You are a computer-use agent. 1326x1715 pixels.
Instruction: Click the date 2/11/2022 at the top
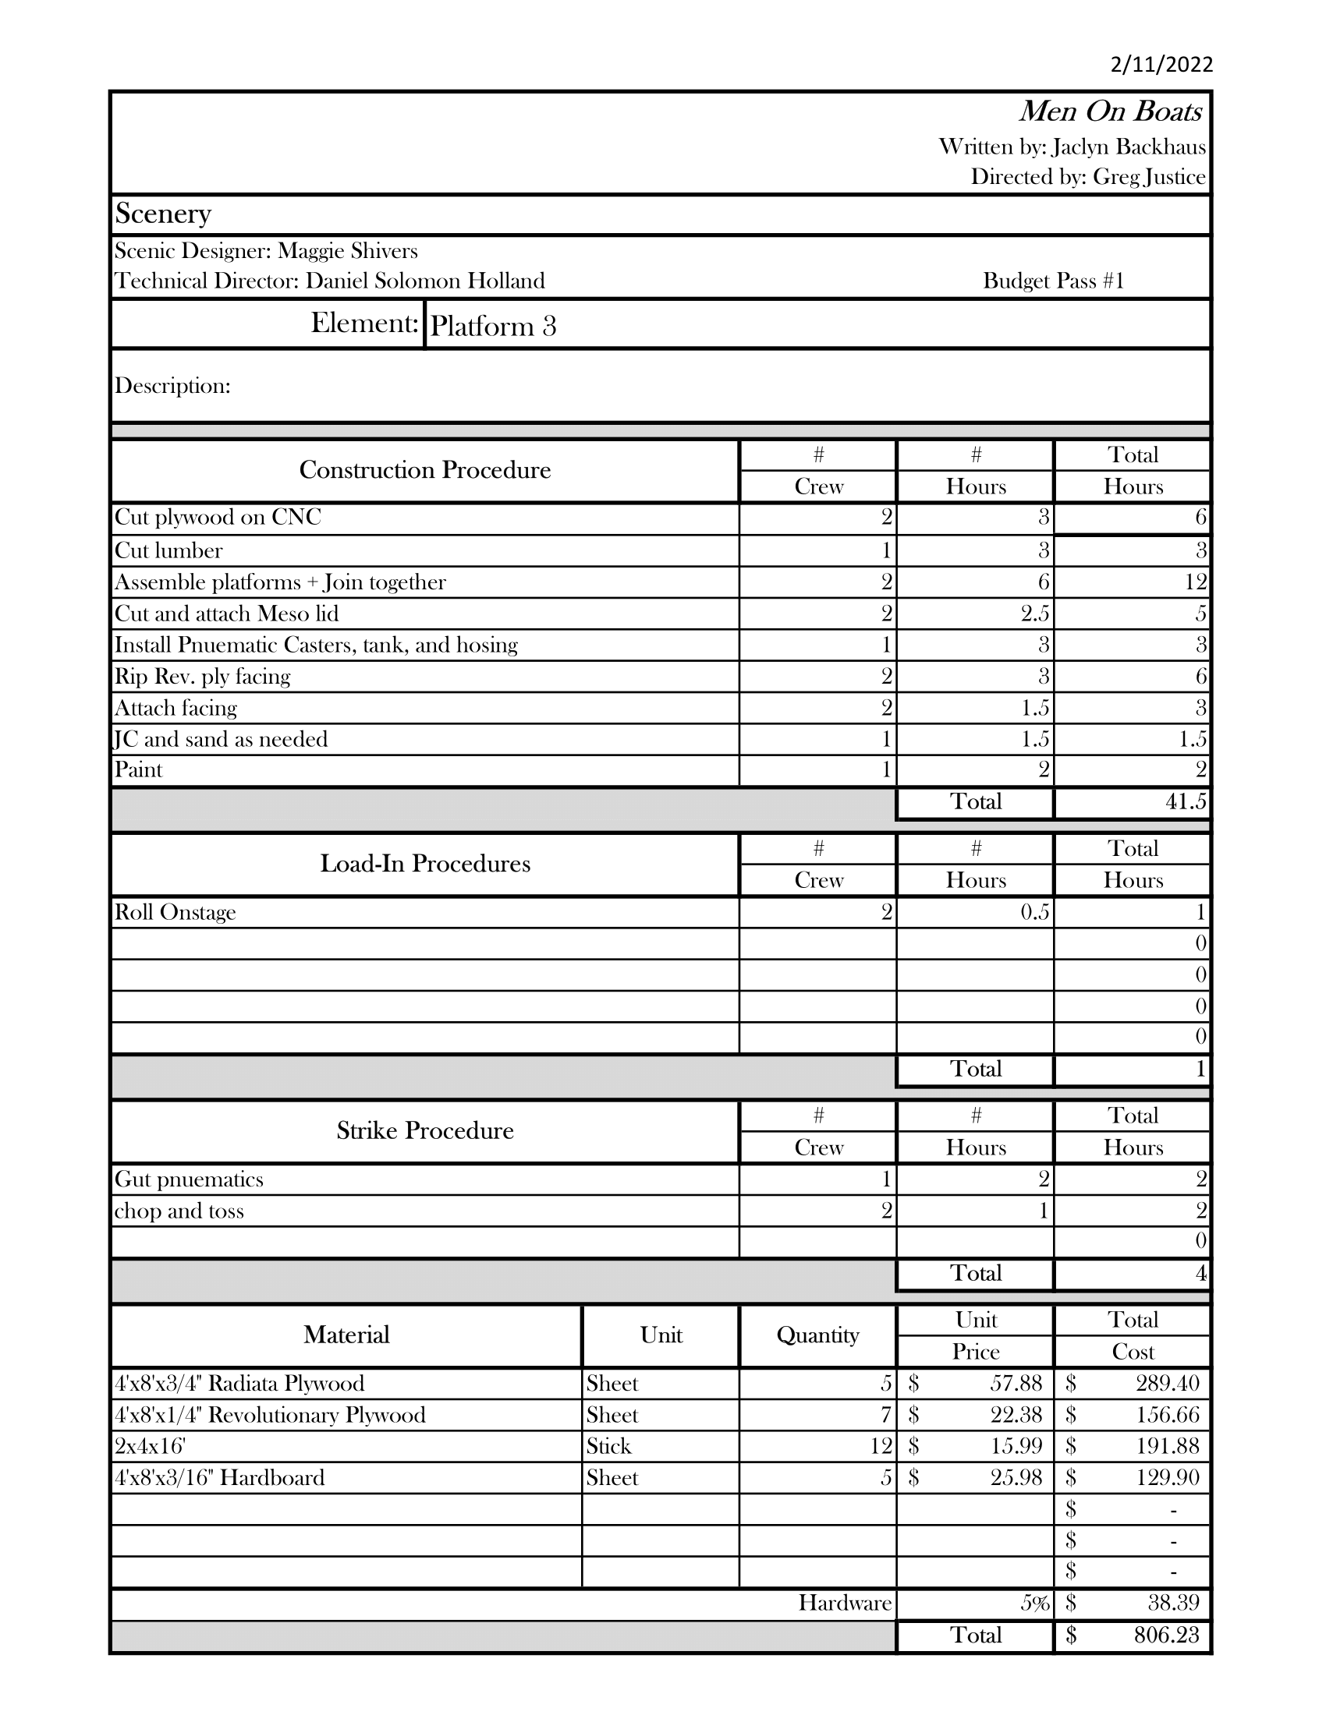coord(1161,65)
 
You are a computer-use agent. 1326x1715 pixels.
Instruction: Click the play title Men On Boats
coord(1110,112)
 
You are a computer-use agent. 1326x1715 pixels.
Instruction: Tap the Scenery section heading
coord(163,214)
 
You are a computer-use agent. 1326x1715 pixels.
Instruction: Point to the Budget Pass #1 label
coord(1054,281)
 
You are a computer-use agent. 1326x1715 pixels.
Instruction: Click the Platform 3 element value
coord(493,326)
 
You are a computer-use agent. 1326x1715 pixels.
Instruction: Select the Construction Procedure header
coord(425,470)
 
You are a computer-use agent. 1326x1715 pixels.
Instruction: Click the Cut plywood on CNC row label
coord(218,518)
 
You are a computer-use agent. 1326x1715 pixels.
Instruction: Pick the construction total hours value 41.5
coord(1186,801)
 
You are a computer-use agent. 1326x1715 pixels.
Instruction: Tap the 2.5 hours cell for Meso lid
coord(1034,614)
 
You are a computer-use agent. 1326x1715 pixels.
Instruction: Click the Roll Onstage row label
coord(175,913)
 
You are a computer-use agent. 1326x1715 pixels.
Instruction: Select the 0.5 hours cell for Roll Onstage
coord(1034,913)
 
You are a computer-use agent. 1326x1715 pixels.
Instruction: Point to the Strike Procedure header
coord(425,1131)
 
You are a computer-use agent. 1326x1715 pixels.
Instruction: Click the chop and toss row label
coord(179,1211)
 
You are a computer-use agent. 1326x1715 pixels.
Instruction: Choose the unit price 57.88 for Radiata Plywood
coord(1016,1384)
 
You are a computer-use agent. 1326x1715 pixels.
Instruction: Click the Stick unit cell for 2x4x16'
coord(609,1446)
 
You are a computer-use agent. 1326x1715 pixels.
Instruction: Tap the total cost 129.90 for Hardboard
coord(1168,1478)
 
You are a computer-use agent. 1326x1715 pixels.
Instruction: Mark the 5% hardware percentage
coord(1034,1604)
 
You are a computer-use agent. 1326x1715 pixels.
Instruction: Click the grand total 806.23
coord(1166,1635)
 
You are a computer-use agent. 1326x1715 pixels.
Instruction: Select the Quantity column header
coord(817,1335)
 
